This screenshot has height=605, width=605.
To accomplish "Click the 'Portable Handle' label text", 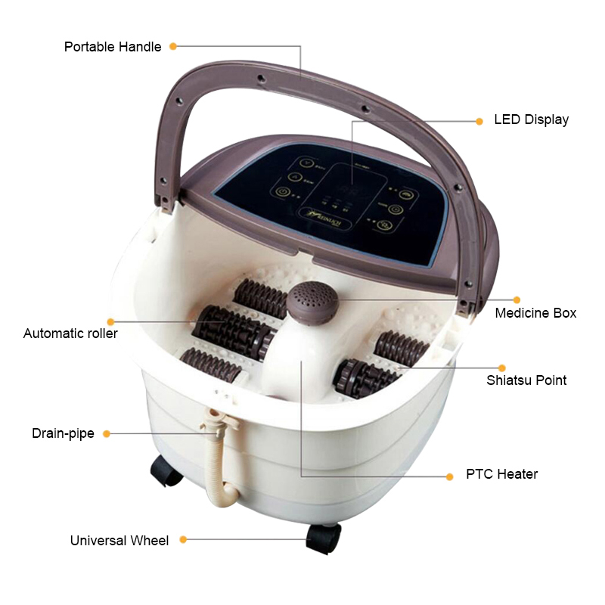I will (113, 47).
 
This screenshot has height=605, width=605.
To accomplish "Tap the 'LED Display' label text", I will (531, 119).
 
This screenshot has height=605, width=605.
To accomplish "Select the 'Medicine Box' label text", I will (535, 312).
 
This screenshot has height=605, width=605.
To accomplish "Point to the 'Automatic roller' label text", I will (70, 333).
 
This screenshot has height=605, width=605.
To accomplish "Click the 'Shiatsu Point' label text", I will (526, 380).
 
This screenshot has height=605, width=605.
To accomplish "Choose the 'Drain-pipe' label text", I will (63, 433).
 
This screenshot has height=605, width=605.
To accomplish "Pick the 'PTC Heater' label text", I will (501, 475).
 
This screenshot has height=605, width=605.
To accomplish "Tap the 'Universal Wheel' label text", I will (119, 540).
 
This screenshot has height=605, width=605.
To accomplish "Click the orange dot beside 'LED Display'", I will (479, 120).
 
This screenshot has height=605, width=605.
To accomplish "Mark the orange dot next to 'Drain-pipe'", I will (107, 434).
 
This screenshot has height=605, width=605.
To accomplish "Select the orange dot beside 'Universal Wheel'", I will (183, 540).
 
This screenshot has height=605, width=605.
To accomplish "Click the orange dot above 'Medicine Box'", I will (517, 299).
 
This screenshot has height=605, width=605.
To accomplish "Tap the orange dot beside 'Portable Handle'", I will (173, 46).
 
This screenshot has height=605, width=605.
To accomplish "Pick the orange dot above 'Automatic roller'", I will (111, 321).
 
